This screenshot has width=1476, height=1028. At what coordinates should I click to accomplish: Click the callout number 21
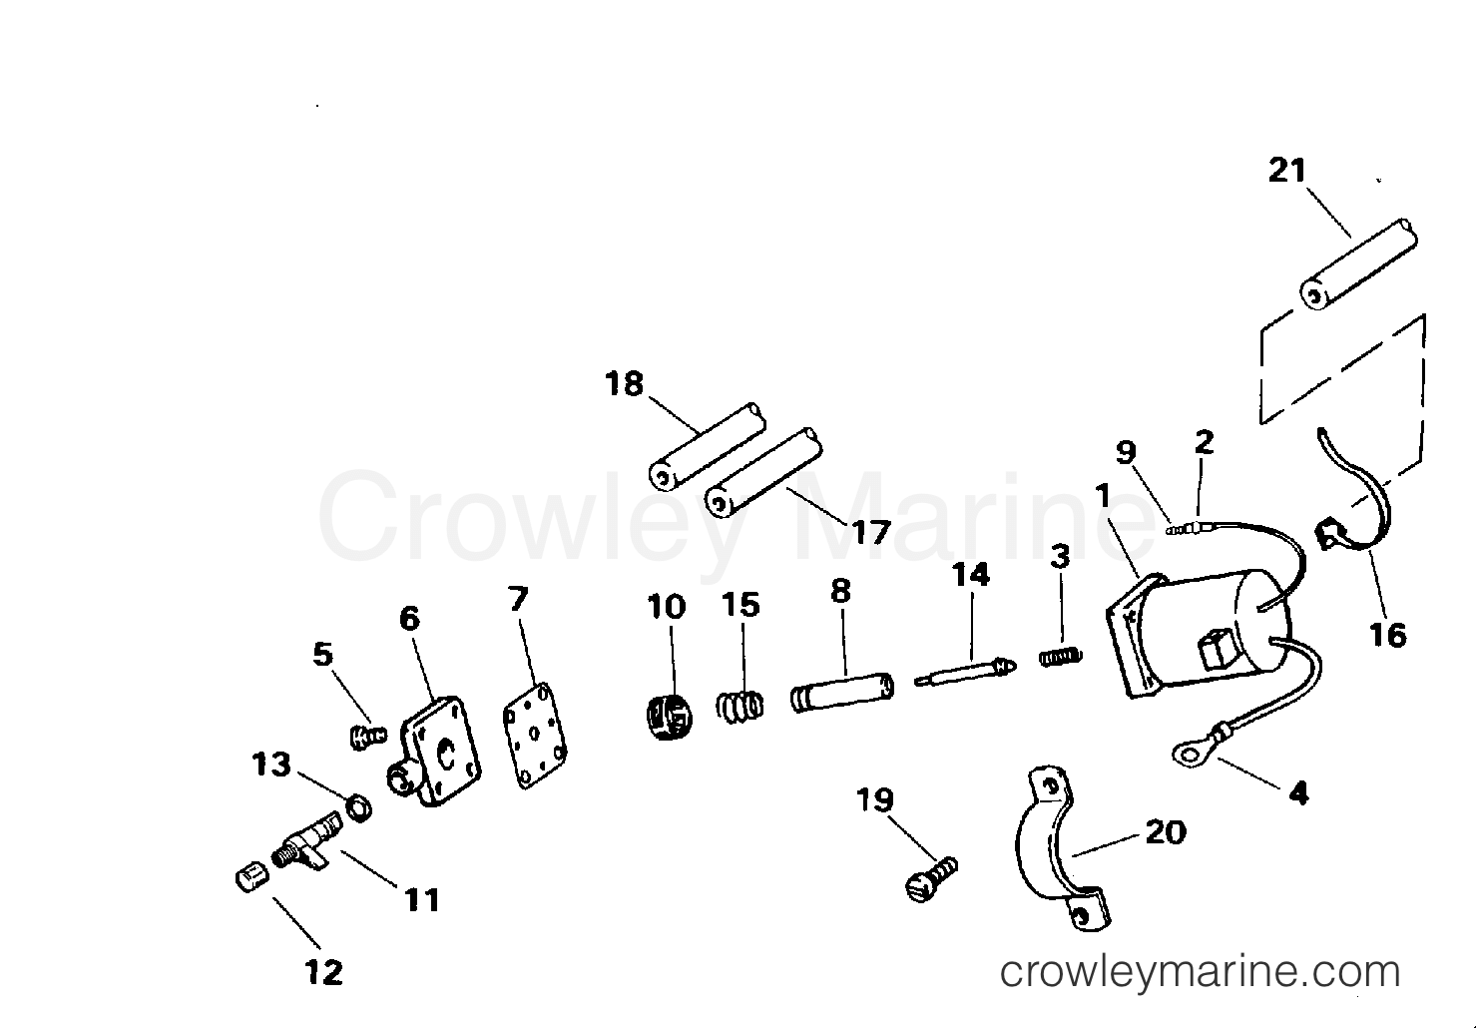1287,171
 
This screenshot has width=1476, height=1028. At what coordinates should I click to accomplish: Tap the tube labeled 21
1358,263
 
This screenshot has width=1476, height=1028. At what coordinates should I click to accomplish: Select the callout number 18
624,383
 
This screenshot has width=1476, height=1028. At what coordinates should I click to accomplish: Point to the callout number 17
871,532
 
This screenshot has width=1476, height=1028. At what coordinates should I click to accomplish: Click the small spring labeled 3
1061,657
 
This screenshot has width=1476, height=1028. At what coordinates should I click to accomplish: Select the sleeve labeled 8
842,692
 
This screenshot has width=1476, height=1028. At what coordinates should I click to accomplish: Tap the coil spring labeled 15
739,706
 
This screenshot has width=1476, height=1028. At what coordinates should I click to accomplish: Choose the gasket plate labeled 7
535,736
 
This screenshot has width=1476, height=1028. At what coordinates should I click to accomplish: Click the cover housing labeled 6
435,752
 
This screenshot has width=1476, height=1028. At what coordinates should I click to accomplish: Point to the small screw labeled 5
367,738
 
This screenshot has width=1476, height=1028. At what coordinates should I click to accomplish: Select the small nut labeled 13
359,807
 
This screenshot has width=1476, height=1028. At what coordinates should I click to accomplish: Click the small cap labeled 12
252,879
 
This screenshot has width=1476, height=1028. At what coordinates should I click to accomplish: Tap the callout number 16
1388,635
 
